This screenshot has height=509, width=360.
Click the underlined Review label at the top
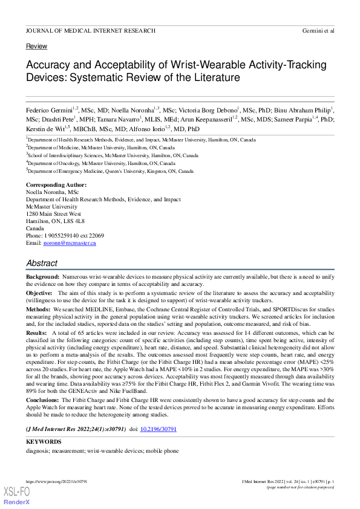click(36, 47)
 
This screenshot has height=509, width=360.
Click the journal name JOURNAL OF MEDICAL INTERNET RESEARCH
click(90, 30)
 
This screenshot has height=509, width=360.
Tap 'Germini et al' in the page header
click(318, 30)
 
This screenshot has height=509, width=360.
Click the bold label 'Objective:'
click(40, 293)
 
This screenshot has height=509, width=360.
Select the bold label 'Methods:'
click(39, 309)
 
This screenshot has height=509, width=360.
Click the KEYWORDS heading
click(44, 442)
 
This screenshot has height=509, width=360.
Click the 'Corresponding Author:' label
click(56, 185)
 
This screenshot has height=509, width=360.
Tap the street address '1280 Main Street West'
click(53, 214)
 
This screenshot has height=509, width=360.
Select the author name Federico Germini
click(50, 110)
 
